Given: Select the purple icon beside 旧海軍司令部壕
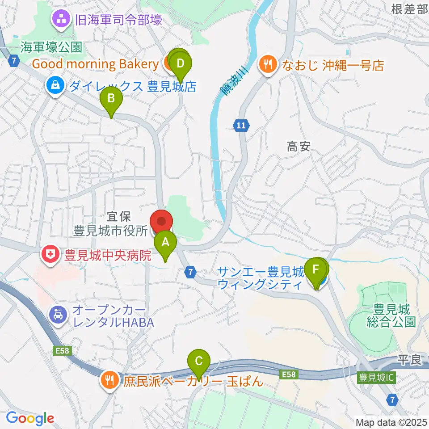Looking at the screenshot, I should tap(60, 19).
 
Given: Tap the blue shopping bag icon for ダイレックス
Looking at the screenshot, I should tap(55, 86).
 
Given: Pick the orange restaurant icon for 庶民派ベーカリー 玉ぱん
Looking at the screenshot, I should tap(109, 381).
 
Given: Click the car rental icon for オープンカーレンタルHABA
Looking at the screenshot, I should tap(59, 315).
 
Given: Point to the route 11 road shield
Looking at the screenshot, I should tap(241, 126).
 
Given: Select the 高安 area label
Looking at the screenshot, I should tap(299, 147).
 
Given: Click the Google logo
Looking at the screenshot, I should tap(30, 418).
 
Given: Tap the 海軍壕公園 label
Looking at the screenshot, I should tap(52, 46).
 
